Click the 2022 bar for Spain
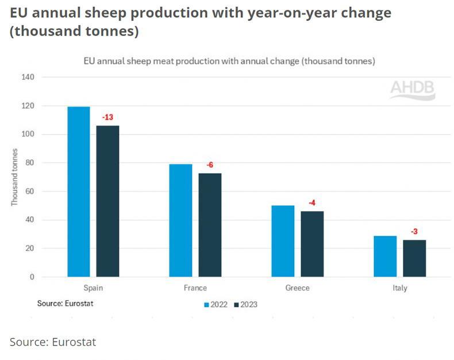coord(79,192)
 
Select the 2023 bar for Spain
coord(107,201)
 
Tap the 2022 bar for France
coord(180,220)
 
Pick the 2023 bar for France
coord(210,225)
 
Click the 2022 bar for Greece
coord(283,241)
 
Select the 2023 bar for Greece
coord(312,244)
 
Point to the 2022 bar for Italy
coord(385,256)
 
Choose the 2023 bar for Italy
coord(414,258)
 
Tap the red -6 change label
coord(210,166)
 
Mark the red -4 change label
coord(312,203)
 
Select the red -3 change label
coord(414,232)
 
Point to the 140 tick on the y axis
coord(28,77)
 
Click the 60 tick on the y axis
coord(30,192)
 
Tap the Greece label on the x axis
coord(297,288)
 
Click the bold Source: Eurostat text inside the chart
coord(65,302)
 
